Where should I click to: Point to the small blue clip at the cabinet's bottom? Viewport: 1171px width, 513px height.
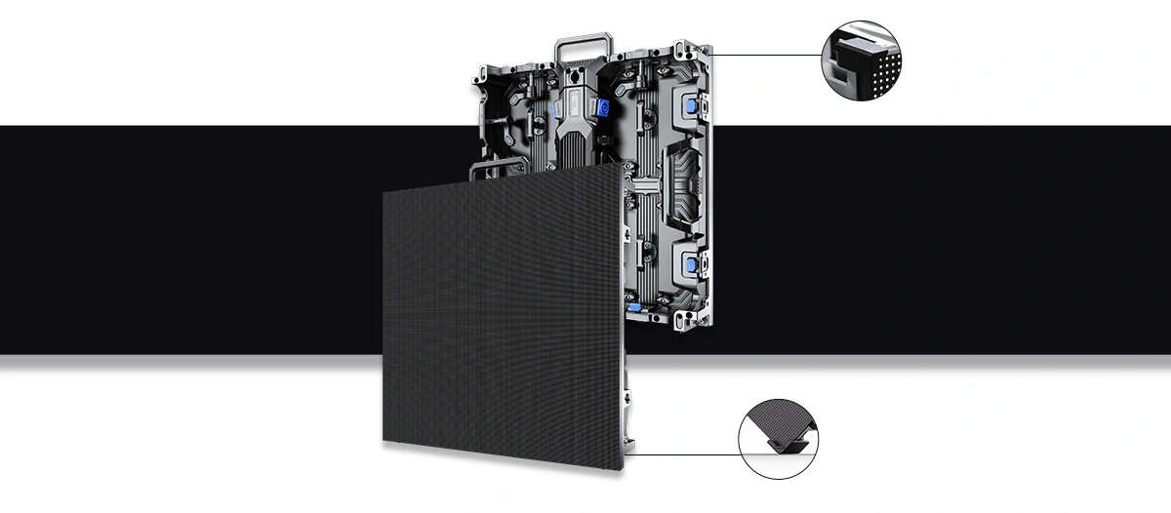tap(636, 310)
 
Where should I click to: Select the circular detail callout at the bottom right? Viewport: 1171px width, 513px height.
tap(779, 436)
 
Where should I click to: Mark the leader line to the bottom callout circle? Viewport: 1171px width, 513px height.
tap(683, 454)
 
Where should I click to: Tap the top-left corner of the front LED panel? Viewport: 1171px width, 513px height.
tap(384, 189)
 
